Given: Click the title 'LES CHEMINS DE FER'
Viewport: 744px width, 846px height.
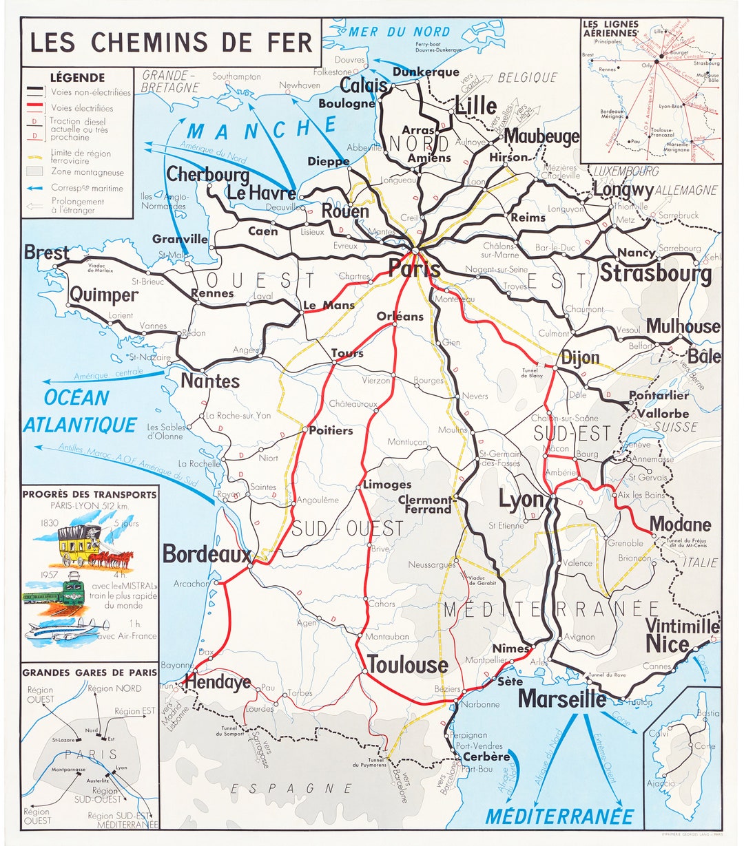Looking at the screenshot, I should click(171, 42).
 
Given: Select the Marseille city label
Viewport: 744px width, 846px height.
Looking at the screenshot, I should click(561, 699).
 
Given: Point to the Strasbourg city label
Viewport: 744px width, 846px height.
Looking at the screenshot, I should click(655, 273).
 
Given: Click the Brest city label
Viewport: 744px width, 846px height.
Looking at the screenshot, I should click(46, 253).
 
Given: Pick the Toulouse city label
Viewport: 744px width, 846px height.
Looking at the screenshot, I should click(408, 665).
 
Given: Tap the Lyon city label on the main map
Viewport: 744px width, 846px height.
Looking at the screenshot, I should click(521, 499).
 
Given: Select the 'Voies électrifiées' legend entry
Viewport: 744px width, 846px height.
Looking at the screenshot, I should click(81, 108).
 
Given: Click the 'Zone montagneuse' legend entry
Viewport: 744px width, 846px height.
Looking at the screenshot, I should click(87, 172).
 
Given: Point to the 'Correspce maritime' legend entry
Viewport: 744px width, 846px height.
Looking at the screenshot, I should click(87, 188).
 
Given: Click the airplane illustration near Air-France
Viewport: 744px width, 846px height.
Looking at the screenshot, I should click(68, 630).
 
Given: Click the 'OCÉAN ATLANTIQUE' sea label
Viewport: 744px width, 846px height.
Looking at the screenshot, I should click(79, 412).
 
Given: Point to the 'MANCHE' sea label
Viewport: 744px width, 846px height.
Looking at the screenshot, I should click(262, 129).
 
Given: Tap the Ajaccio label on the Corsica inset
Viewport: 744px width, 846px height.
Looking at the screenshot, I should click(661, 783).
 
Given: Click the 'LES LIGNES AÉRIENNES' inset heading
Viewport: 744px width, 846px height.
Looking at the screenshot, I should click(610, 28).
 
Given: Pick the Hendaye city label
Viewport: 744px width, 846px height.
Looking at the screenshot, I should click(217, 682).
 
